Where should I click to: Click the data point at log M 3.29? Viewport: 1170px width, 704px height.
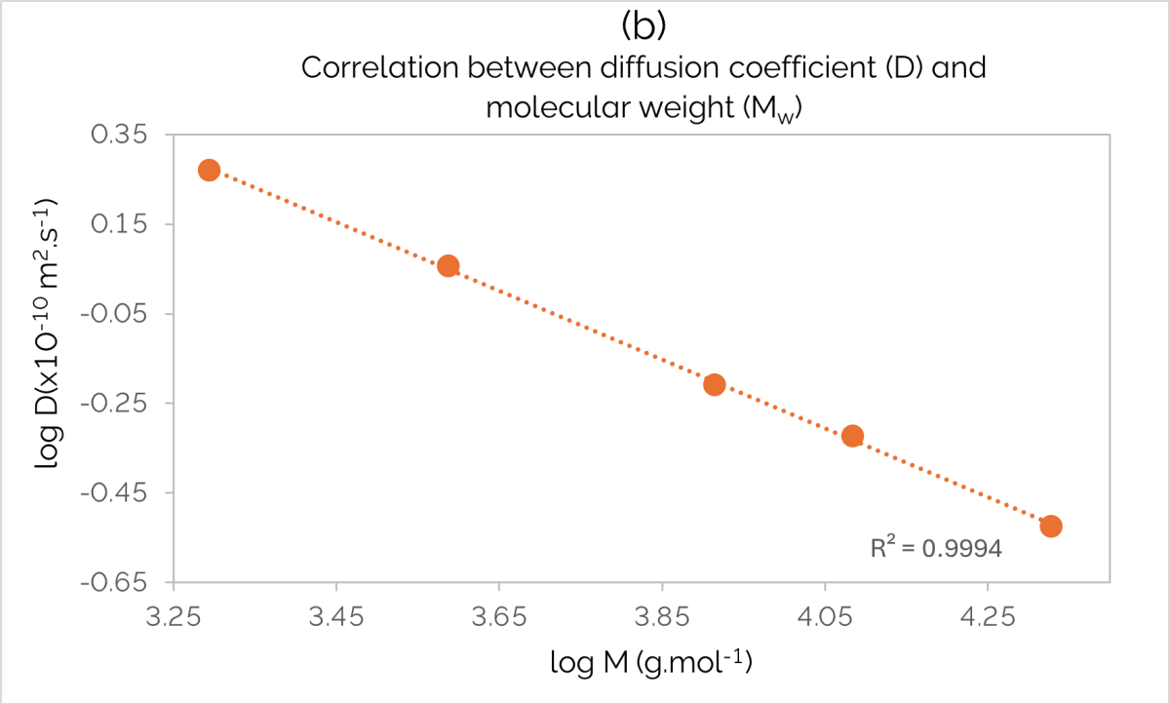click(209, 170)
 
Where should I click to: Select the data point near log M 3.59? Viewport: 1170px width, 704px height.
click(448, 265)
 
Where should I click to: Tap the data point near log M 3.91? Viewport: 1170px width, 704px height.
click(714, 384)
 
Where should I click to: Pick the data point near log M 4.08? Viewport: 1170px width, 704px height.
click(852, 436)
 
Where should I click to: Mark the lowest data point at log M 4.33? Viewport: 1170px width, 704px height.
click(1050, 527)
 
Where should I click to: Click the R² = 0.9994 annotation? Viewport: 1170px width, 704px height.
click(936, 548)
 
